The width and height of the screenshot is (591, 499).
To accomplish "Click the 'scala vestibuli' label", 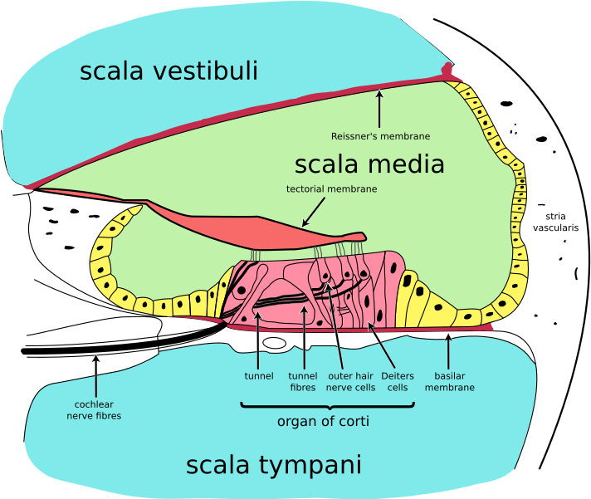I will tap(169, 71).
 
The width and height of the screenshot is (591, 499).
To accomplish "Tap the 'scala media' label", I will tap(369, 164).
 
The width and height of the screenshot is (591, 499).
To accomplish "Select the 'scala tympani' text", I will tap(273, 465).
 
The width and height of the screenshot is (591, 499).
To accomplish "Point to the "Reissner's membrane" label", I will tap(380, 136).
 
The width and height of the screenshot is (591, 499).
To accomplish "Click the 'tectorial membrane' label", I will tap(331, 189).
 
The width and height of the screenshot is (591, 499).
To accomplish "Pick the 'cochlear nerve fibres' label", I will tap(94, 410).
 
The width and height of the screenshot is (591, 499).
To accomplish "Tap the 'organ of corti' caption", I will tap(322, 422).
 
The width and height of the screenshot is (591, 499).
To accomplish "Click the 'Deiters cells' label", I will tap(398, 382).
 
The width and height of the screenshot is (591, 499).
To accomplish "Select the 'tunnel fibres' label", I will tap(302, 382).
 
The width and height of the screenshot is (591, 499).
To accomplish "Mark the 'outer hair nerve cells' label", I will tap(350, 382).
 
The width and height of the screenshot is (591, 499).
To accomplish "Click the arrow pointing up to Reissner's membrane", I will tap(380, 107).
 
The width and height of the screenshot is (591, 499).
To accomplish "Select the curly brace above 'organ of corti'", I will tap(327, 406).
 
